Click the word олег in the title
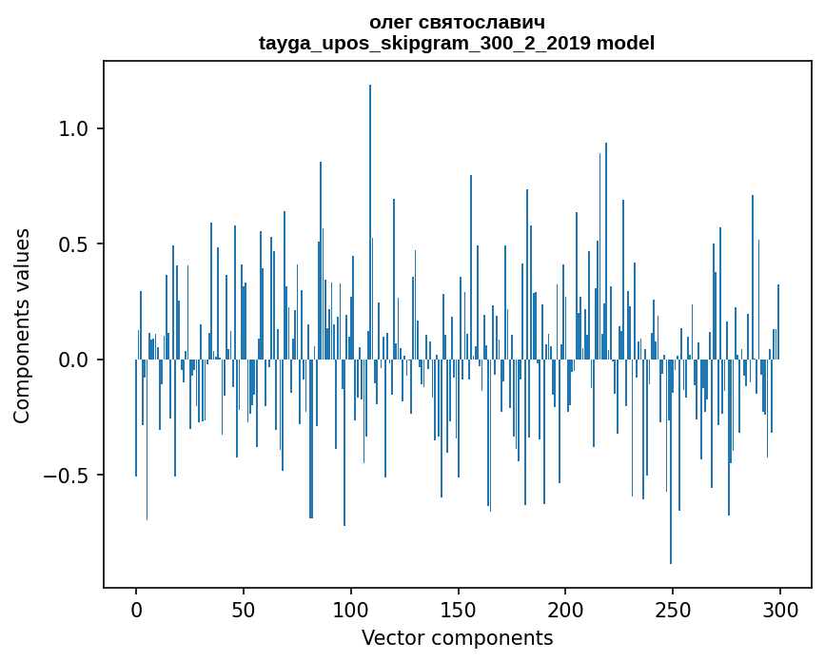coord(393,22)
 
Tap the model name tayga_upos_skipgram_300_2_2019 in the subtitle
coord(424,43)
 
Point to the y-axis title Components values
coord(22,325)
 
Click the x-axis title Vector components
coord(457,637)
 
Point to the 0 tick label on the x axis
coord(136,610)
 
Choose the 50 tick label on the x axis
coord(244,610)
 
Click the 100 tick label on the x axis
coord(351,610)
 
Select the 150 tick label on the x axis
coord(459,610)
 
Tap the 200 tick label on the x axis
coord(565,610)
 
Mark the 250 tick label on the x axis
coord(673,610)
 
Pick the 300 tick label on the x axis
coord(780,610)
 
